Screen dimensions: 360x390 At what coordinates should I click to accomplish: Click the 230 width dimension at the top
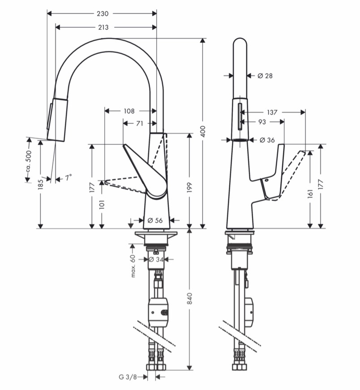point(103,13)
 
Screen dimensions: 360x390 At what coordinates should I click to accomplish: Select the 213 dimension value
point(103,27)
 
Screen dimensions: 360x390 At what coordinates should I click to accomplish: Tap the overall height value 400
point(203,131)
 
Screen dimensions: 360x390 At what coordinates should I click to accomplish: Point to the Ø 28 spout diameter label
point(265,76)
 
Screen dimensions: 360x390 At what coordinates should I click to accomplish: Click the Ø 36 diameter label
point(267,140)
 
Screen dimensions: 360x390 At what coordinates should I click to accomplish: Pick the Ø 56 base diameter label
point(155,220)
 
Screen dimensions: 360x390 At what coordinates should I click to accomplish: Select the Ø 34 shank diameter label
point(156,260)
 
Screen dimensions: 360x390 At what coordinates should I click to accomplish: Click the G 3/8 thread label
point(128,377)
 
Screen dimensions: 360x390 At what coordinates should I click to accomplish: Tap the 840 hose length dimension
point(189,299)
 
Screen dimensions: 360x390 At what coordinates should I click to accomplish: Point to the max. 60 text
point(133,266)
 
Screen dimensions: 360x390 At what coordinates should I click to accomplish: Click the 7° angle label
point(69,178)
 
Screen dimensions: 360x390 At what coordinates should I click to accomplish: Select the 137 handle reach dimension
point(272,113)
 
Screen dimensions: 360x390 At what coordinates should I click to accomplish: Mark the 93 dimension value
point(262,121)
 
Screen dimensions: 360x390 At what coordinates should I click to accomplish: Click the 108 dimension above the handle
point(129,111)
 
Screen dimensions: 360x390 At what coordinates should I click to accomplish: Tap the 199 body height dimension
point(189,187)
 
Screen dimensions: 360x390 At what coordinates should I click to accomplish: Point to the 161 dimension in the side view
point(310,193)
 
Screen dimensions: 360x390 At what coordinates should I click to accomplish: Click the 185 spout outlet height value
point(40,184)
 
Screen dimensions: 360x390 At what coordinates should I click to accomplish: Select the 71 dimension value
point(140,123)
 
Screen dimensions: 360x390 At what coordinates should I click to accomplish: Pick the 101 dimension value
point(102,204)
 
